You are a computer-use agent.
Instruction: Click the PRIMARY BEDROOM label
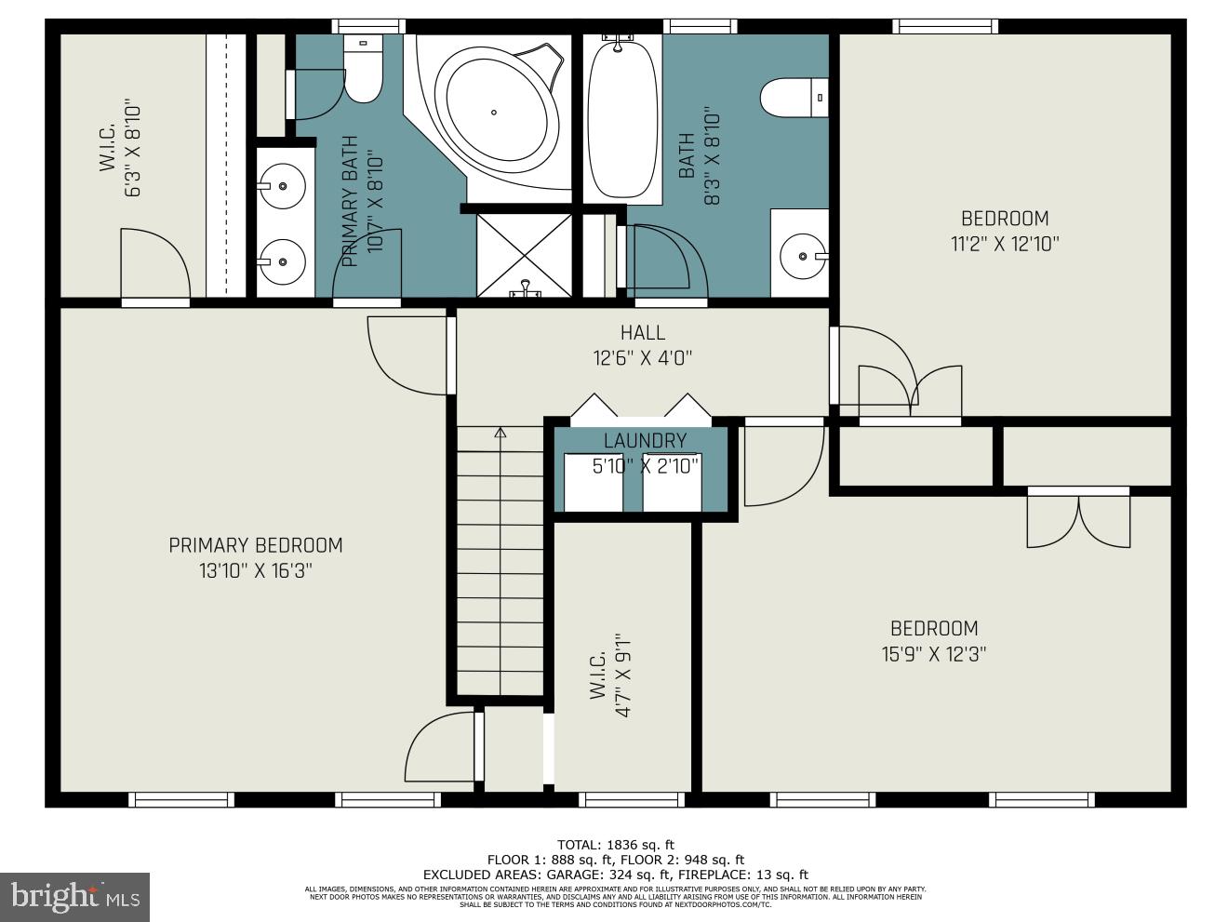[x=255, y=545]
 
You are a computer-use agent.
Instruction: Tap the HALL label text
[x=643, y=332]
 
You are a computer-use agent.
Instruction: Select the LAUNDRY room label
[x=645, y=441]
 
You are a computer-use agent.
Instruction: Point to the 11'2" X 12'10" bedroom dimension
[x=1005, y=244]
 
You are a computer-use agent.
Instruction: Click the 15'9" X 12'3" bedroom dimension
[x=934, y=654]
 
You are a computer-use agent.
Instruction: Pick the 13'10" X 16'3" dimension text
[x=255, y=570]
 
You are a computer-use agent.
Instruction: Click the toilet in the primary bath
[x=363, y=70]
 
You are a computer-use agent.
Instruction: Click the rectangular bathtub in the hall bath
[x=622, y=116]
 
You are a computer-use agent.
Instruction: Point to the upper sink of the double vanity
[x=281, y=187]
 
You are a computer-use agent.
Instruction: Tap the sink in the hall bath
[x=801, y=255]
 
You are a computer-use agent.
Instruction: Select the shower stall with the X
[x=524, y=254]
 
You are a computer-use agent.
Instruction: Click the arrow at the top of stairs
[x=500, y=433]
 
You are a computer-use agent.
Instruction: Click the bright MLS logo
[x=74, y=897]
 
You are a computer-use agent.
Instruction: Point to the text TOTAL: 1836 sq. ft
[x=615, y=845]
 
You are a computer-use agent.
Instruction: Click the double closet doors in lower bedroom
[x=1078, y=521]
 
